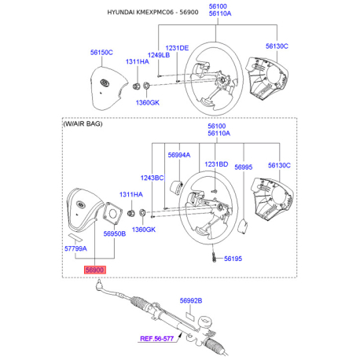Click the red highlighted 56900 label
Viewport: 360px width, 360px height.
95,270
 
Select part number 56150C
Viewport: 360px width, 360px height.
101,53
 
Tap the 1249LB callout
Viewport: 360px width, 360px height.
159,55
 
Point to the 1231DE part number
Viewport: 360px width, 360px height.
177,48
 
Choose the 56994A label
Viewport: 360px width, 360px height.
179,155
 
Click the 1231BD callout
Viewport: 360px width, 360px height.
216,164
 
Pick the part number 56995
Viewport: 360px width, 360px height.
243,167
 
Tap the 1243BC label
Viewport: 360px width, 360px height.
152,178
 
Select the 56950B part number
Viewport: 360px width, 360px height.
115,233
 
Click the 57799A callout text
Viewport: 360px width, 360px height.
75,248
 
